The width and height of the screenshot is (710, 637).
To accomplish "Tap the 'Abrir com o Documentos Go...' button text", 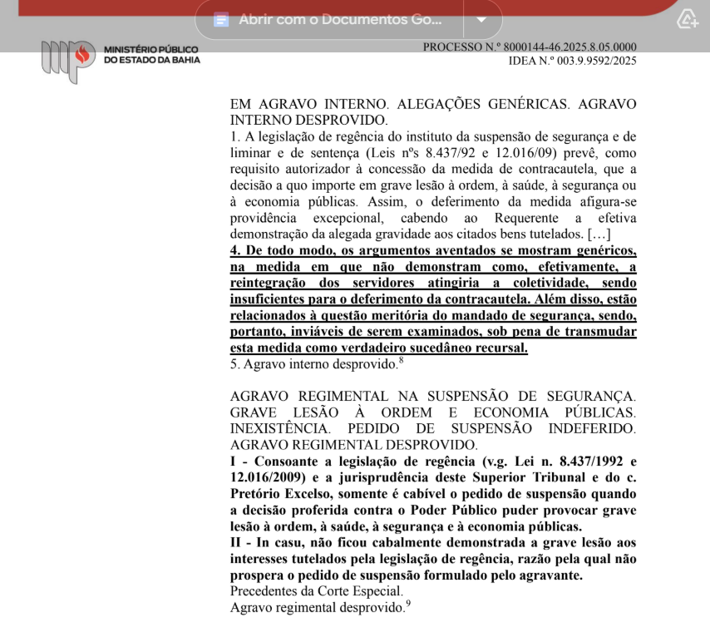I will tap(340, 19).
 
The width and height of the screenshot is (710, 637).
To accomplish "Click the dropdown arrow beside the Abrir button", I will tap(481, 19).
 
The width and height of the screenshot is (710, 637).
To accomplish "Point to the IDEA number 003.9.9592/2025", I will tap(589, 61).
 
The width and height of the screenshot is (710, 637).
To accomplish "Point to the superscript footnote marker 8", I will tap(401, 359).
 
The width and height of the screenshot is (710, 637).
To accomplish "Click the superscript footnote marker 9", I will tap(408, 604).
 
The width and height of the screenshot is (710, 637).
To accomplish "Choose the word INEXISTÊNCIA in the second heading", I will tap(281, 429).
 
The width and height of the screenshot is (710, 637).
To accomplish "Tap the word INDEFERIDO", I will tap(592, 429).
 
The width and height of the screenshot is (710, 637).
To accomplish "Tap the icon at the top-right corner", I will tap(687, 19).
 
